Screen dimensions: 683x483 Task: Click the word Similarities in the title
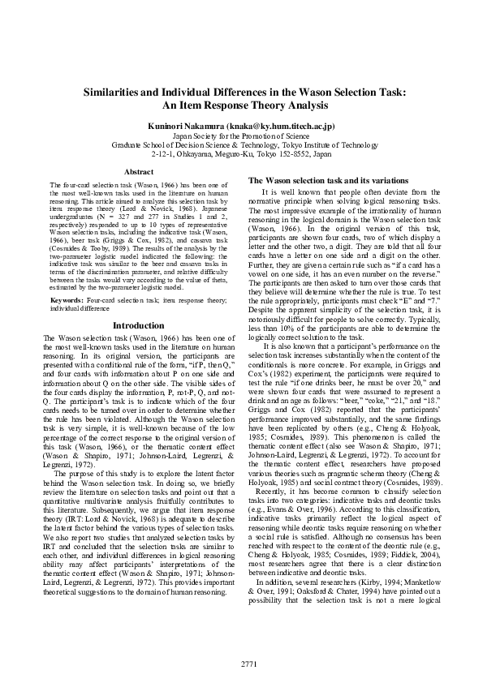point(123,93)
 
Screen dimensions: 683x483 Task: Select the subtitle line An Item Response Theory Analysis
point(241,105)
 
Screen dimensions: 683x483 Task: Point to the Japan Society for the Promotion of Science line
point(241,136)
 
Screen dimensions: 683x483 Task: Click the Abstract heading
point(138,172)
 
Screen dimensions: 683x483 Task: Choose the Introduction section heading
point(138,325)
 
